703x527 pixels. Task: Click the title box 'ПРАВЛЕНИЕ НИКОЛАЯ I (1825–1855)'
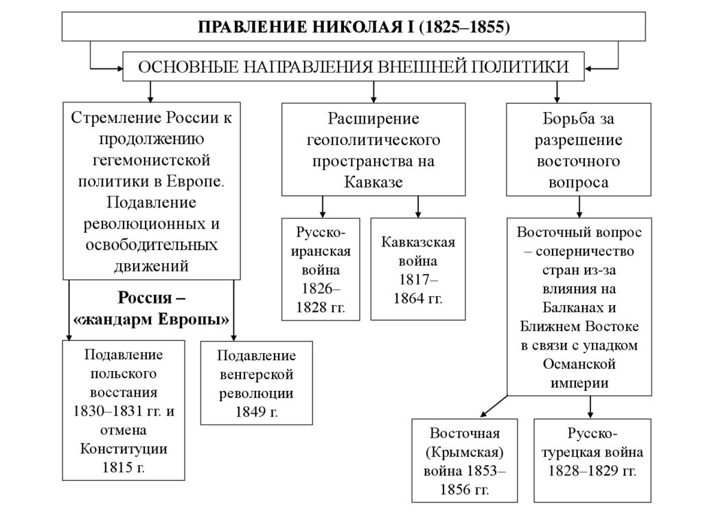354,27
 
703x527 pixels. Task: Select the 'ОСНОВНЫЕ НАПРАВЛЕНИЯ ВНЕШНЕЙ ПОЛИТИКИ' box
354,67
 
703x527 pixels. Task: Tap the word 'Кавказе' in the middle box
373,181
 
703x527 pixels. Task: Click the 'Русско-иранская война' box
322,269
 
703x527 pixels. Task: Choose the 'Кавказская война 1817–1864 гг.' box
418,269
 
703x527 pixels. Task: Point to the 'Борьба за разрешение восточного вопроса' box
579,150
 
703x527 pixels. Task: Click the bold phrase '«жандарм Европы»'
152,319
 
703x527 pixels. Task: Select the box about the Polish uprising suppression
124,411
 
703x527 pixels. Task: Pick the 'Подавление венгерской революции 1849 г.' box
256,383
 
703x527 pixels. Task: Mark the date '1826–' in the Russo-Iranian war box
321,288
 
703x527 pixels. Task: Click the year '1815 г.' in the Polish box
124,467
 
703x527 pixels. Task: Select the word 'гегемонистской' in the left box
152,160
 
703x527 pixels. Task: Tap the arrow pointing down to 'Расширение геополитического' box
373,91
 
